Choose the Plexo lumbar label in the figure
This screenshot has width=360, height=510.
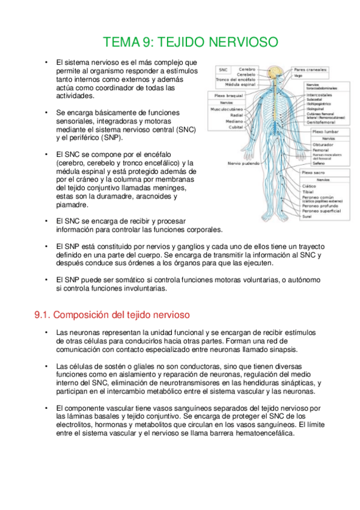point(325,131)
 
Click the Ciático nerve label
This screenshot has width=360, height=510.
point(310,186)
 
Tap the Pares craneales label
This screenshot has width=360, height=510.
point(311,69)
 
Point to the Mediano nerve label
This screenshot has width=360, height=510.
point(234,121)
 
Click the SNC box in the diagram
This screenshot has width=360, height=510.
point(223,70)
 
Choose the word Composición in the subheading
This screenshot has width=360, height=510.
point(90,315)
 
